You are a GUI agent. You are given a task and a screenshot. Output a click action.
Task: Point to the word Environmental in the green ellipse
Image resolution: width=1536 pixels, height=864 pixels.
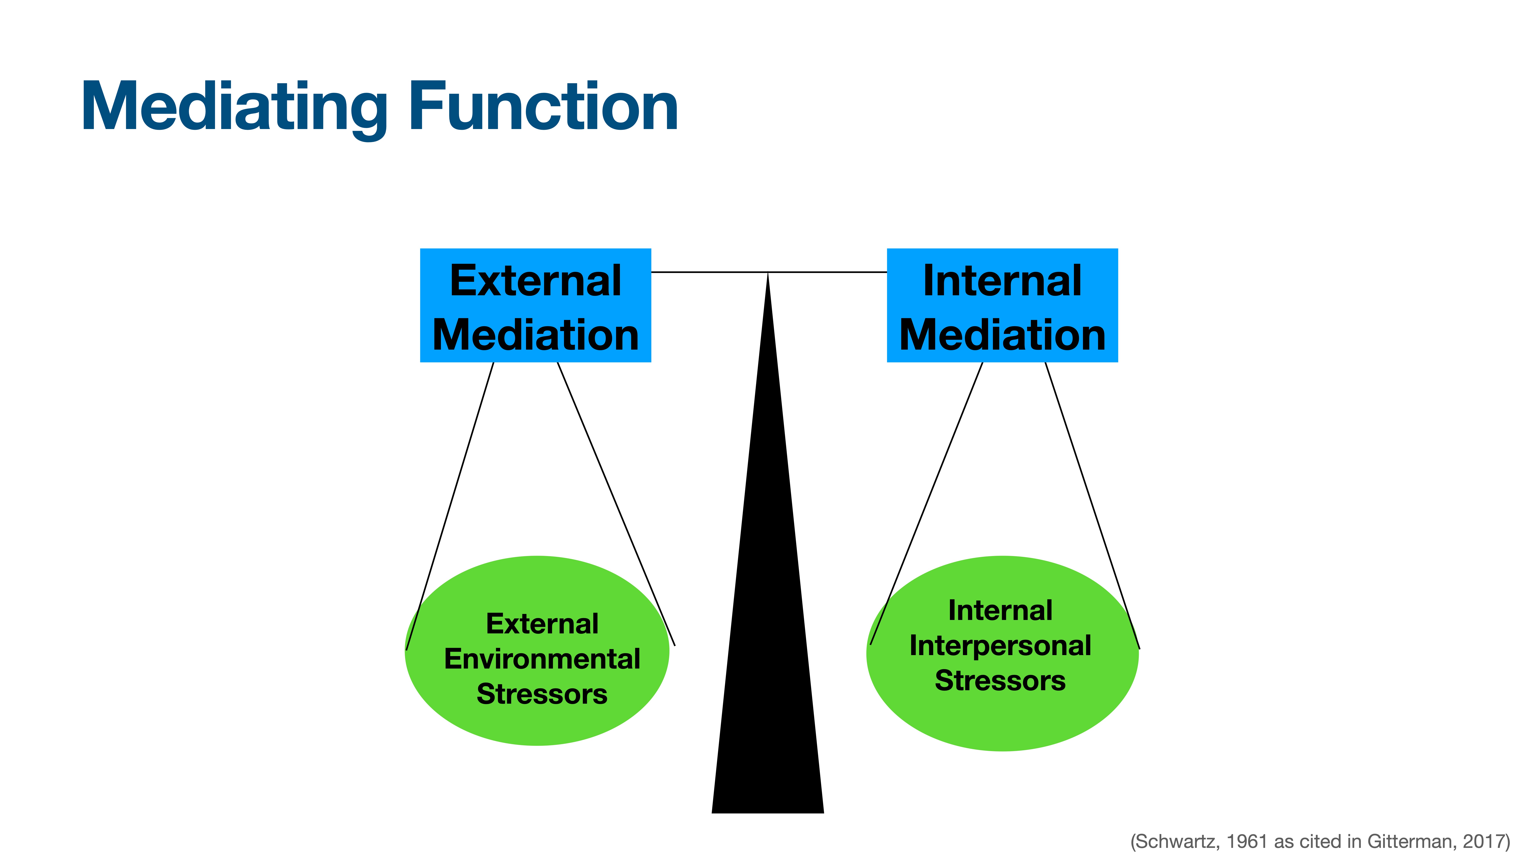(x=542, y=659)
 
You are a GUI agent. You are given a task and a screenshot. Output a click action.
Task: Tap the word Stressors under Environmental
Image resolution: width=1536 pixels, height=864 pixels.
(x=542, y=694)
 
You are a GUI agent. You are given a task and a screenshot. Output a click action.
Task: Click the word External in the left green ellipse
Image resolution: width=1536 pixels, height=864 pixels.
(x=542, y=624)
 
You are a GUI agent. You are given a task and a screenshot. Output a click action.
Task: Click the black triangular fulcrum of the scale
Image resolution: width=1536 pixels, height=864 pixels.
(x=768, y=656)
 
